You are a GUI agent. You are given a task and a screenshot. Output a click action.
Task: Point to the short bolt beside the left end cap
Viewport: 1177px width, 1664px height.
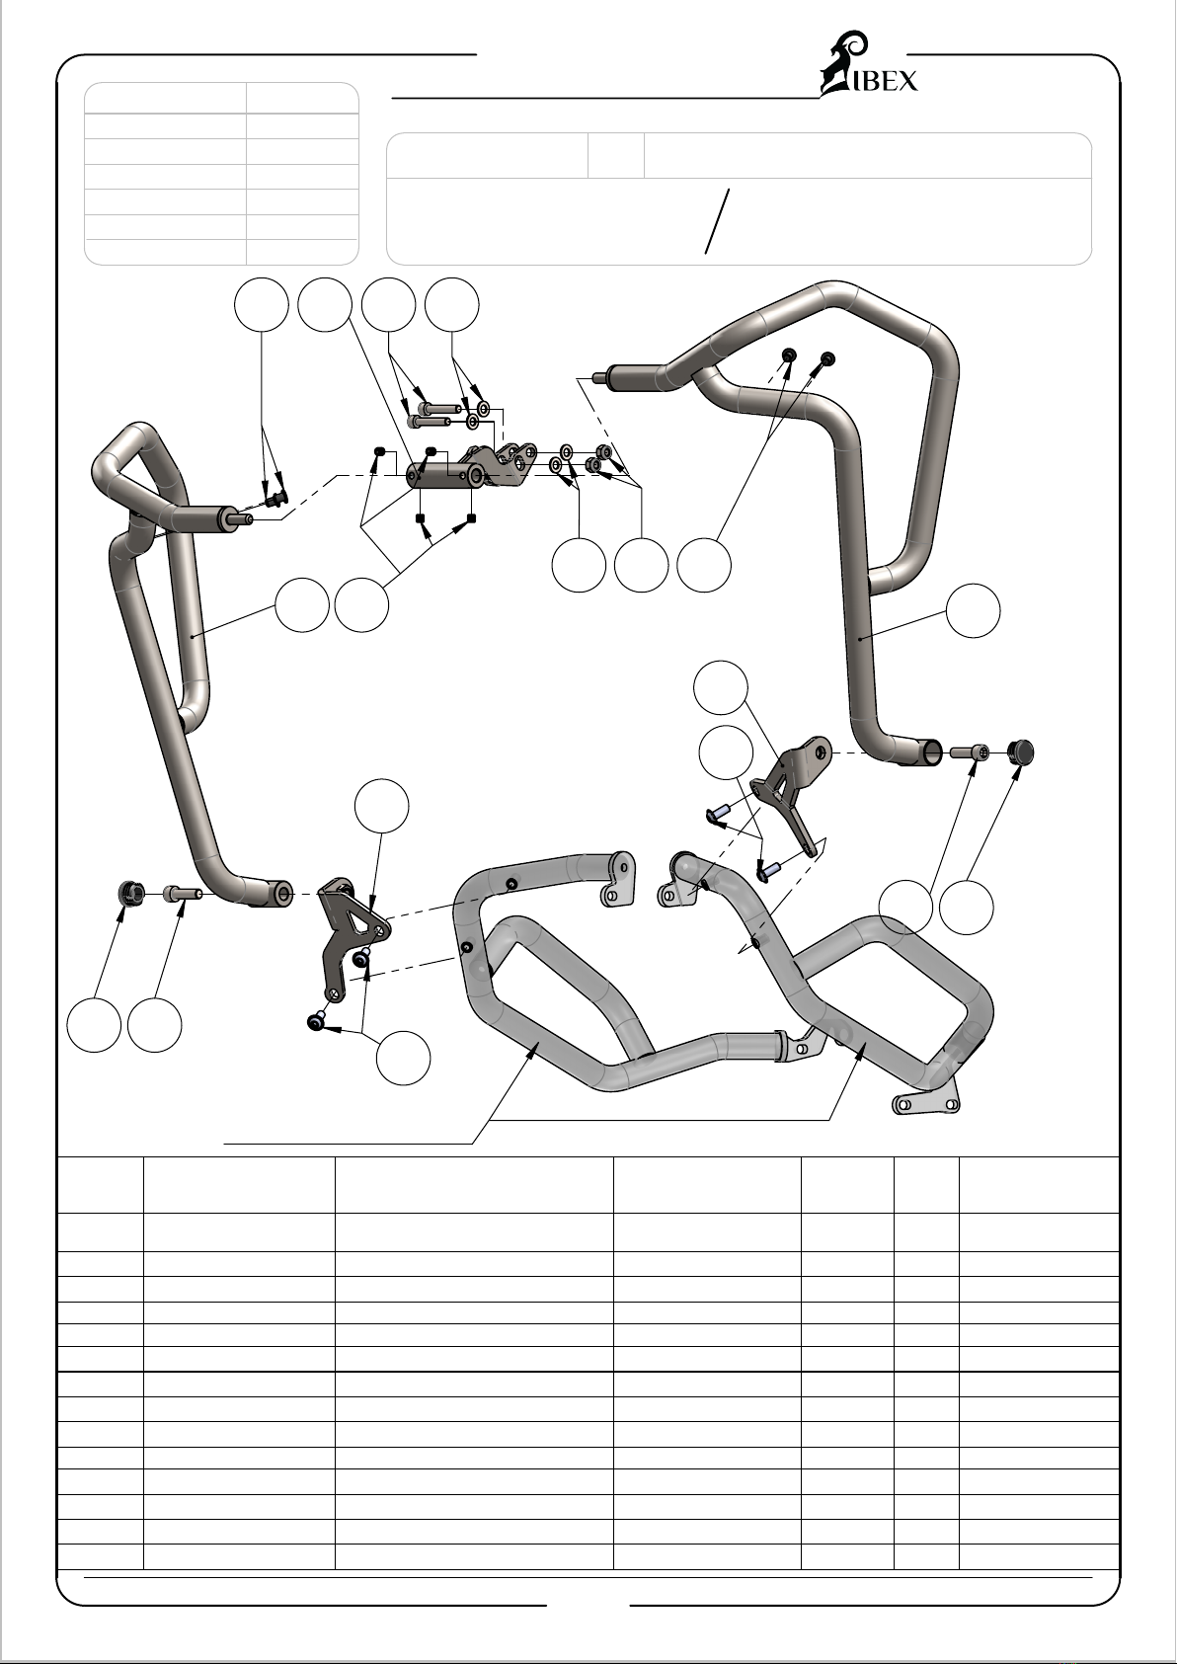(182, 892)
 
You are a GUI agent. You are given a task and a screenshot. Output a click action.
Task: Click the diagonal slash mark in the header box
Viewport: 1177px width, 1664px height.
(717, 221)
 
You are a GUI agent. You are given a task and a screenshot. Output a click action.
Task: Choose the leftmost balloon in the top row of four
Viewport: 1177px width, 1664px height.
(262, 304)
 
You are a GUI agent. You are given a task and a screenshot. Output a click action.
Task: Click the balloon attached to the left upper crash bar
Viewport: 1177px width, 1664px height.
(302, 605)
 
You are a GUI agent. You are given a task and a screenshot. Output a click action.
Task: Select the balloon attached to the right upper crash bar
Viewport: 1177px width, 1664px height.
(974, 610)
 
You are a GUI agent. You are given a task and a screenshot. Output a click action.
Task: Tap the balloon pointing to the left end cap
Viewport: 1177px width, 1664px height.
(95, 1025)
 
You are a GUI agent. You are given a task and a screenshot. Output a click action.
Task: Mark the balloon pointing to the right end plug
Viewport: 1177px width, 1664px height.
(966, 907)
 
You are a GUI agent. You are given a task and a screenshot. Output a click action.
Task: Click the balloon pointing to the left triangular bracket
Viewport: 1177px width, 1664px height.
(382, 806)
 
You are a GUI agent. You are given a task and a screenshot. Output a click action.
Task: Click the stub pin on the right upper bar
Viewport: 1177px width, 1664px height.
(600, 378)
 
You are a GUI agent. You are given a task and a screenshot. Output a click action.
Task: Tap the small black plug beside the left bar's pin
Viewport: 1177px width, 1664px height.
(276, 499)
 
